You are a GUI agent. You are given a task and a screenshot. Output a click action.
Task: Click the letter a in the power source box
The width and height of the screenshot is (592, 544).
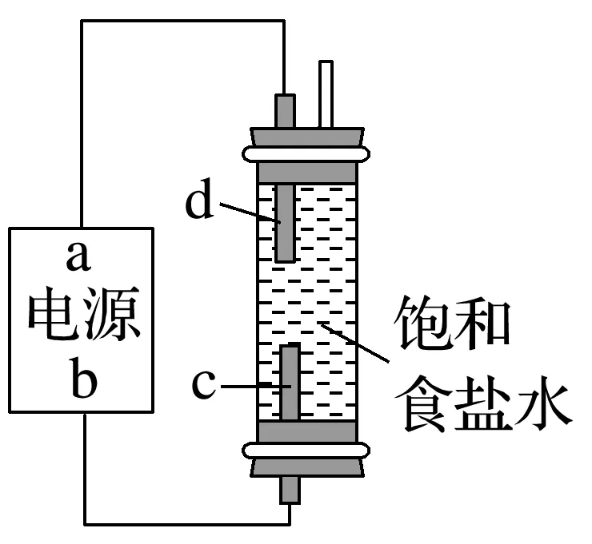tap(79, 257)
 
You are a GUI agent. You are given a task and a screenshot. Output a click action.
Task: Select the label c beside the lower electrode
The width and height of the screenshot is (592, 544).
tap(204, 384)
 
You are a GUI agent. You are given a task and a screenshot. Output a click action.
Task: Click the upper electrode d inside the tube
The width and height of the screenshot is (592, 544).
tap(284, 224)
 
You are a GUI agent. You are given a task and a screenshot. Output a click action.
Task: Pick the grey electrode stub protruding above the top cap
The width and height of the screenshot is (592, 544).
tap(284, 110)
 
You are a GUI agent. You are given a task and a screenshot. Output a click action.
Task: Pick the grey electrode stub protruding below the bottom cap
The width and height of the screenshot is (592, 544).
tap(289, 490)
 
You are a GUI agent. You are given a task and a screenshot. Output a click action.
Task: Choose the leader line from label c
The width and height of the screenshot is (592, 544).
tap(253, 387)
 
